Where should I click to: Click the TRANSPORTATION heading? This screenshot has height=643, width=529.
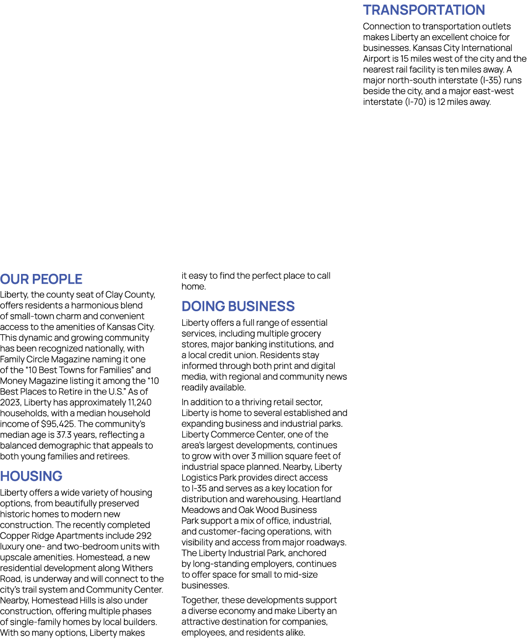point(424,10)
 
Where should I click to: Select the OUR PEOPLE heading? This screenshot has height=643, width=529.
point(41,279)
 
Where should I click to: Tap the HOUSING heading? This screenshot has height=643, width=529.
point(31,476)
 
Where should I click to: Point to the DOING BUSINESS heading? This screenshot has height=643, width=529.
point(238,306)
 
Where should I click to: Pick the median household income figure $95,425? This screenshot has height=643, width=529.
point(58,424)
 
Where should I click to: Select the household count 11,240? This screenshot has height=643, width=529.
point(140,402)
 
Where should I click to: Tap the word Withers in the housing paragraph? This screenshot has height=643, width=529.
point(137,568)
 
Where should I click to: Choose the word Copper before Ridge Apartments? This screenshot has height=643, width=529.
point(14,536)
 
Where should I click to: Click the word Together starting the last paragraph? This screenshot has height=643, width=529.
point(200,600)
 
